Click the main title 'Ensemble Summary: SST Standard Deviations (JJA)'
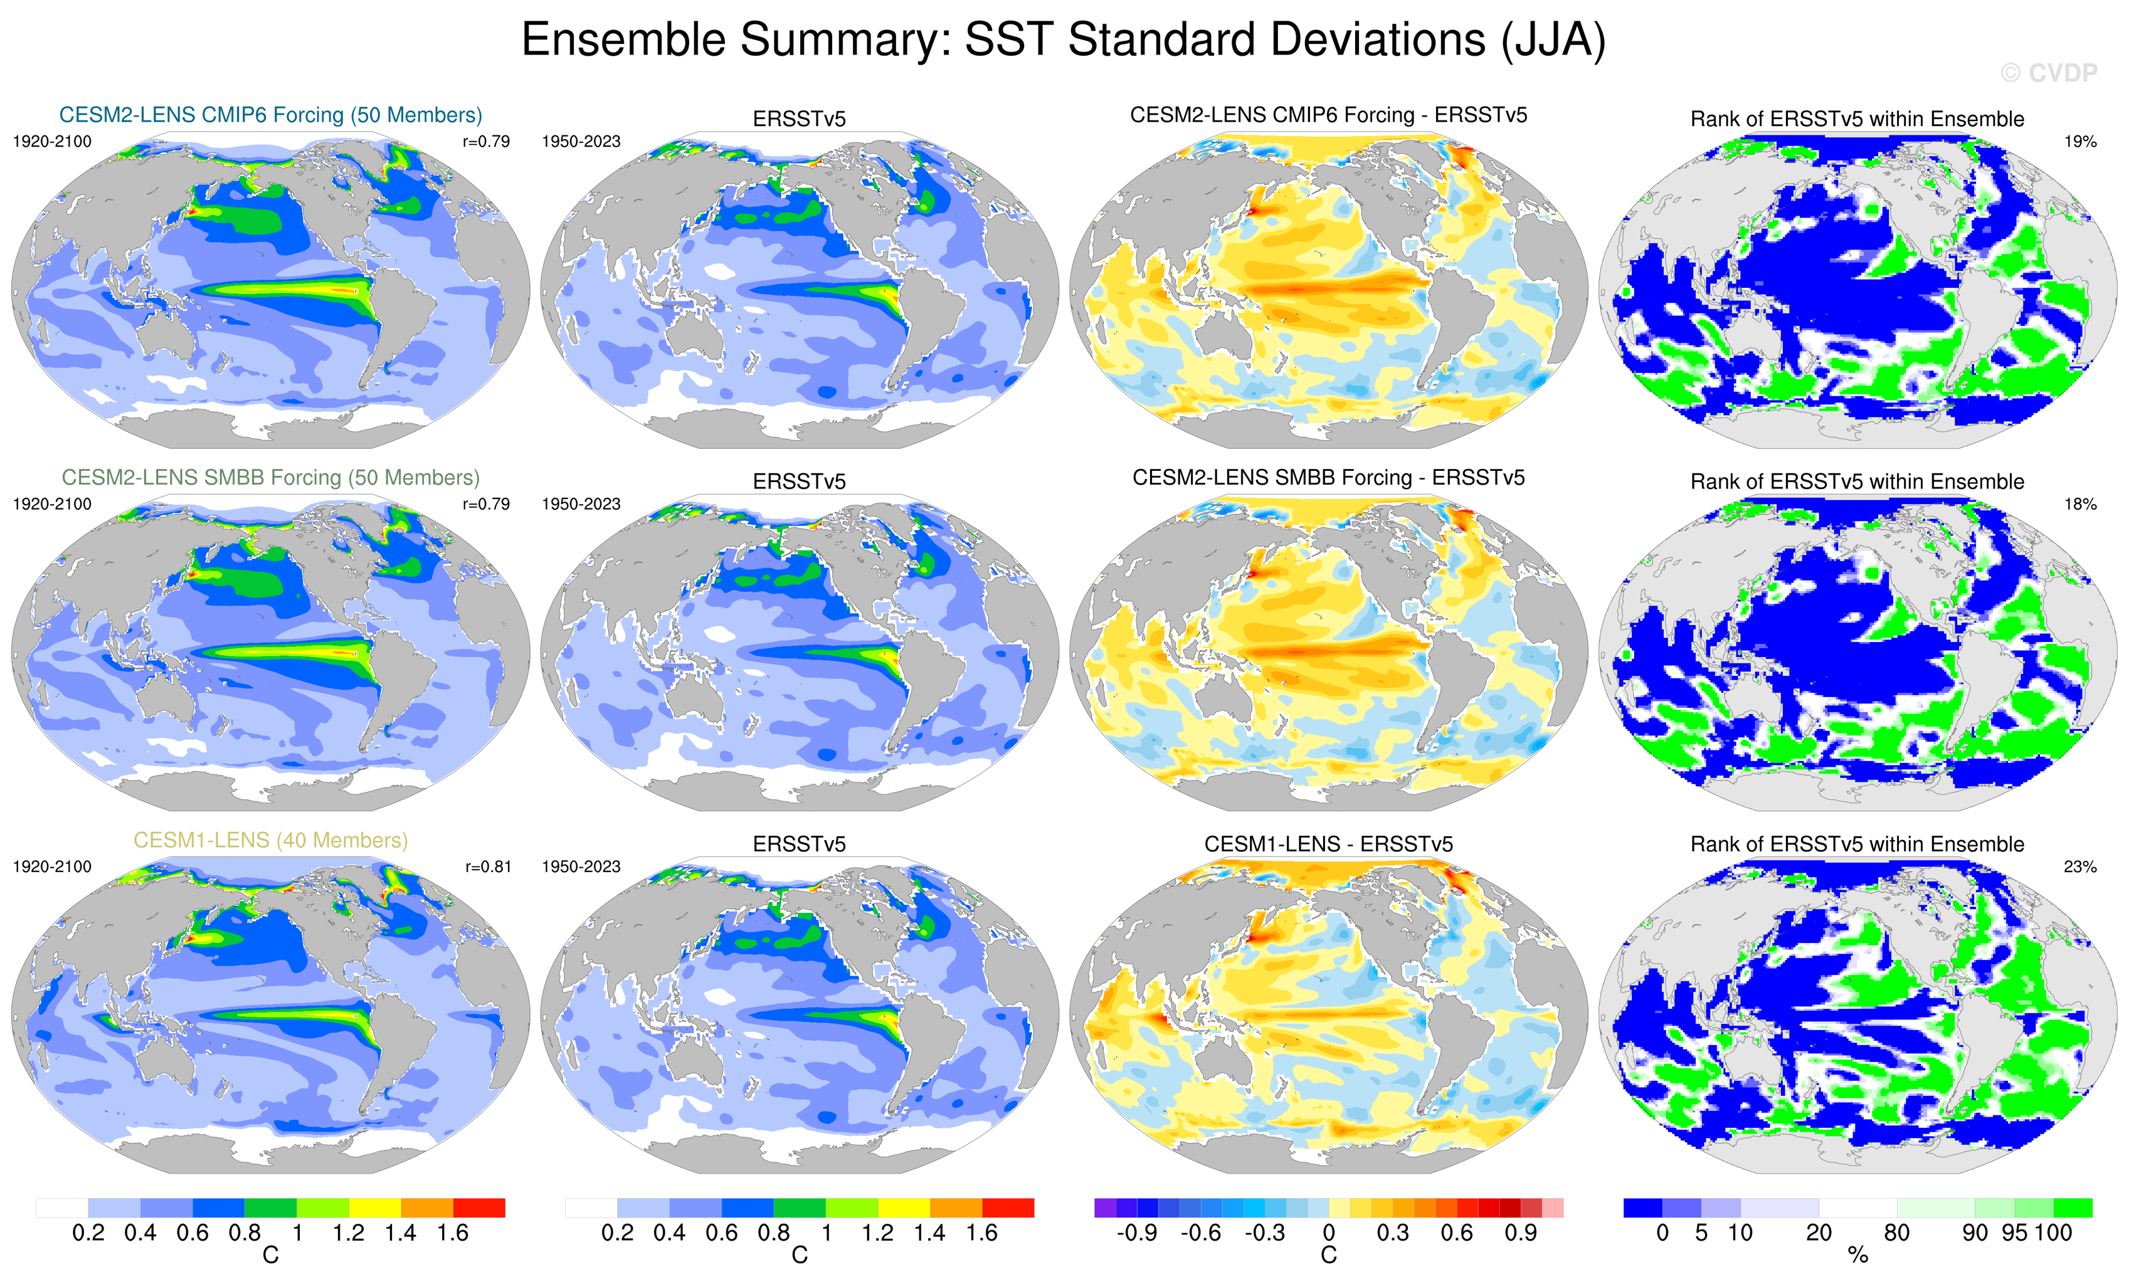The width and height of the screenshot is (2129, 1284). pyautogui.click(x=1063, y=39)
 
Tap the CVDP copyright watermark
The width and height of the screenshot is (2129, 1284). pyautogui.click(x=2049, y=73)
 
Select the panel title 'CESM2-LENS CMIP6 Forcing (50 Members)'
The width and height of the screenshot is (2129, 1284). pyautogui.click(x=270, y=115)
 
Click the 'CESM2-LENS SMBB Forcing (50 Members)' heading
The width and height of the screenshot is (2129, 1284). pyautogui.click(x=270, y=478)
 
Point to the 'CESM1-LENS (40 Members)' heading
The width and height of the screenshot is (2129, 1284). pyautogui.click(x=270, y=840)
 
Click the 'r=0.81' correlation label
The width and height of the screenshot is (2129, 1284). pyautogui.click(x=488, y=866)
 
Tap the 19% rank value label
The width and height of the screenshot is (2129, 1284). pyautogui.click(x=2079, y=142)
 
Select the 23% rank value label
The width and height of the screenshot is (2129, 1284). pyautogui.click(x=2079, y=866)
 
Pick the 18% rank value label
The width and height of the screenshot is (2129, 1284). pyautogui.click(x=2079, y=503)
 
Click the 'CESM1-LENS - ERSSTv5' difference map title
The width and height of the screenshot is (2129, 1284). pyautogui.click(x=1328, y=844)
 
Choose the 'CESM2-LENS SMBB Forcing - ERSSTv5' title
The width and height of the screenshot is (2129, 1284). pyautogui.click(x=1328, y=478)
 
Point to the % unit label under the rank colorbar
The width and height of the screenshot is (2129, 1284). pyautogui.click(x=1857, y=1256)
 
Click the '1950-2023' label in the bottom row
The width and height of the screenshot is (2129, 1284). pyautogui.click(x=581, y=866)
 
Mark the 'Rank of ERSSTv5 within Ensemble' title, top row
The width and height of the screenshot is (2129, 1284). pyautogui.click(x=1857, y=119)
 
